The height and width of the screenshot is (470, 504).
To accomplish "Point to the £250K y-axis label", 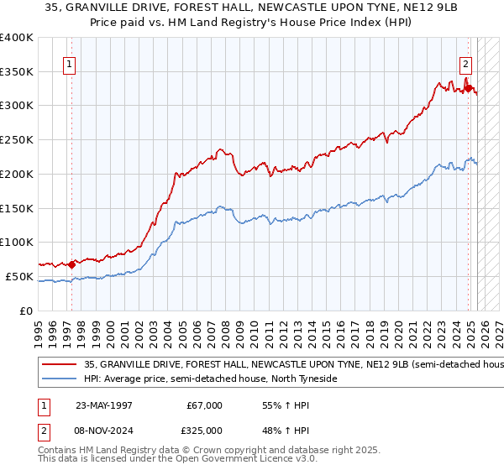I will coord(17,140).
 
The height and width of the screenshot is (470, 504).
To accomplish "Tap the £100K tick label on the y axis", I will coord(17,242).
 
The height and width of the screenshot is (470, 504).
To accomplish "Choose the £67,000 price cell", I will coord(202,405).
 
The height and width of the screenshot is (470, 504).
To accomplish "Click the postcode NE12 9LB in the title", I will coord(397,10).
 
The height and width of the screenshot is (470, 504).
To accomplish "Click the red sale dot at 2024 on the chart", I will coord(468,84).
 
